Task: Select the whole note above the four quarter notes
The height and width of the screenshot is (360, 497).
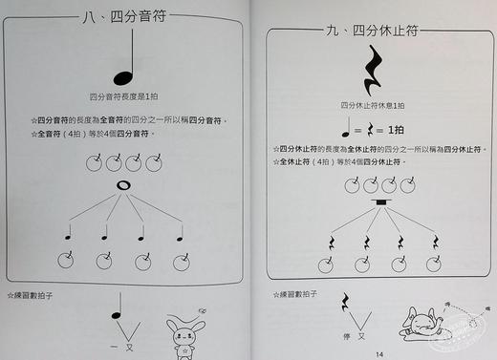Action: point(122,185)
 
